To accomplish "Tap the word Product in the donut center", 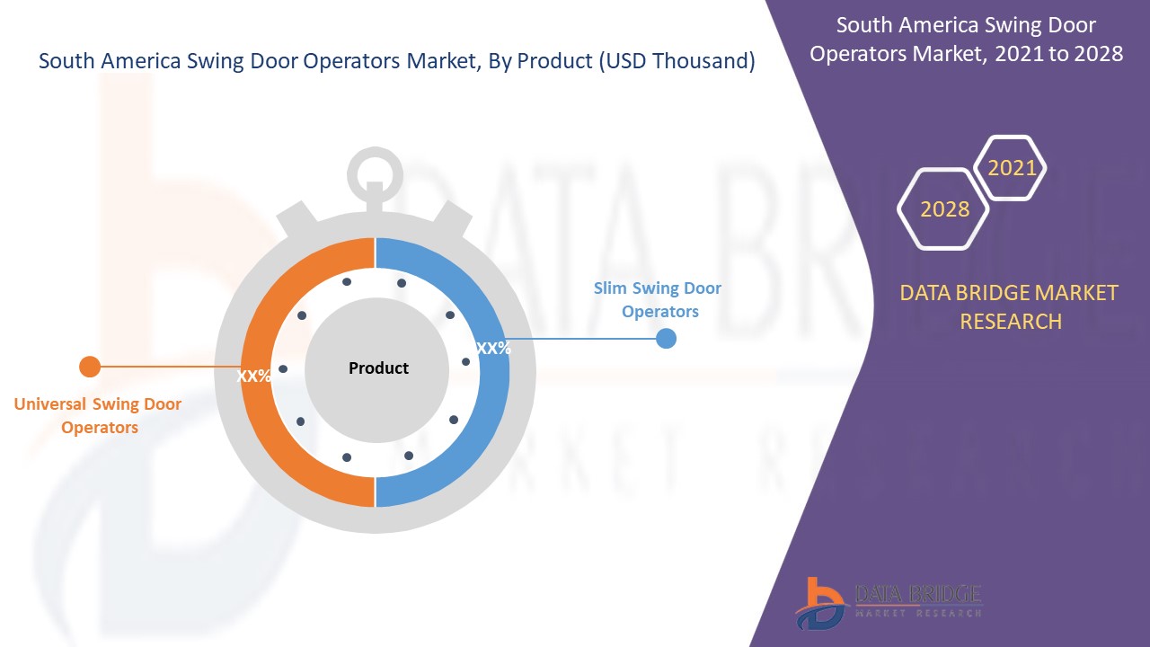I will [x=378, y=368].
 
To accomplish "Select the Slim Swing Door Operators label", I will [x=659, y=300].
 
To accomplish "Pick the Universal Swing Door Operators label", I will [x=98, y=416].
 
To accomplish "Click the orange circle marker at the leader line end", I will [x=89, y=367].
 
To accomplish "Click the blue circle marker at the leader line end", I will [x=666, y=339].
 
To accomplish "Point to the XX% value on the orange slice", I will [x=253, y=377].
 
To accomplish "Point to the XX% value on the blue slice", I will [x=493, y=349].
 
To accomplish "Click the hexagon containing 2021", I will [x=1012, y=168].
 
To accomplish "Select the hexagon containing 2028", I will [x=944, y=209].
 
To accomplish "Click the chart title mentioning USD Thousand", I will [x=397, y=61].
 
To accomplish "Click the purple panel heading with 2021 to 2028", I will [x=966, y=40].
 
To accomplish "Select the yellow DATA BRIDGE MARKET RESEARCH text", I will [x=1010, y=306].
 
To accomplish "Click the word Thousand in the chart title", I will [x=700, y=61].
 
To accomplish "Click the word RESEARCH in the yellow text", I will [x=1011, y=322].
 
